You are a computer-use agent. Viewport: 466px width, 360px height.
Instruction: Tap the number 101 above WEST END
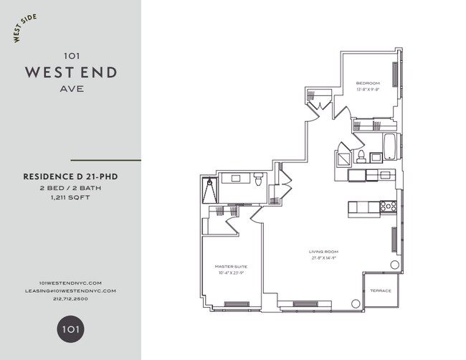[x=71, y=55]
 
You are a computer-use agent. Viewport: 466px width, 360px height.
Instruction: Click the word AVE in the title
[x=71, y=90]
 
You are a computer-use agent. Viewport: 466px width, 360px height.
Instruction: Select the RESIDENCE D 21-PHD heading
[x=70, y=174]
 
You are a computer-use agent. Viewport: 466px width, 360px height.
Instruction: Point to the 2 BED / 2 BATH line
[x=70, y=186]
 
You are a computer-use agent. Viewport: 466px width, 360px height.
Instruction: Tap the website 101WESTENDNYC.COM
[x=71, y=283]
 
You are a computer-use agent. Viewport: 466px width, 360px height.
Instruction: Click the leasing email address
[x=71, y=290]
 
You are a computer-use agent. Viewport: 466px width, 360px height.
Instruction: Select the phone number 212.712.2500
[x=71, y=299]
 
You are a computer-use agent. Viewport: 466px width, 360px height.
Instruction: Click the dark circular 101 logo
[x=70, y=329]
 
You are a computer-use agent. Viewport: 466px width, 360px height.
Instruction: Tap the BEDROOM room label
[x=367, y=84]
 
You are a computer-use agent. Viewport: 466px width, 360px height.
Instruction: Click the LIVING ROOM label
[x=323, y=252]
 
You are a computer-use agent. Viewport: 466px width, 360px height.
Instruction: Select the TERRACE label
[x=380, y=290]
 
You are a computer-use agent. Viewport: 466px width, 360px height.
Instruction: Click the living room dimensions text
[x=323, y=257]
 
